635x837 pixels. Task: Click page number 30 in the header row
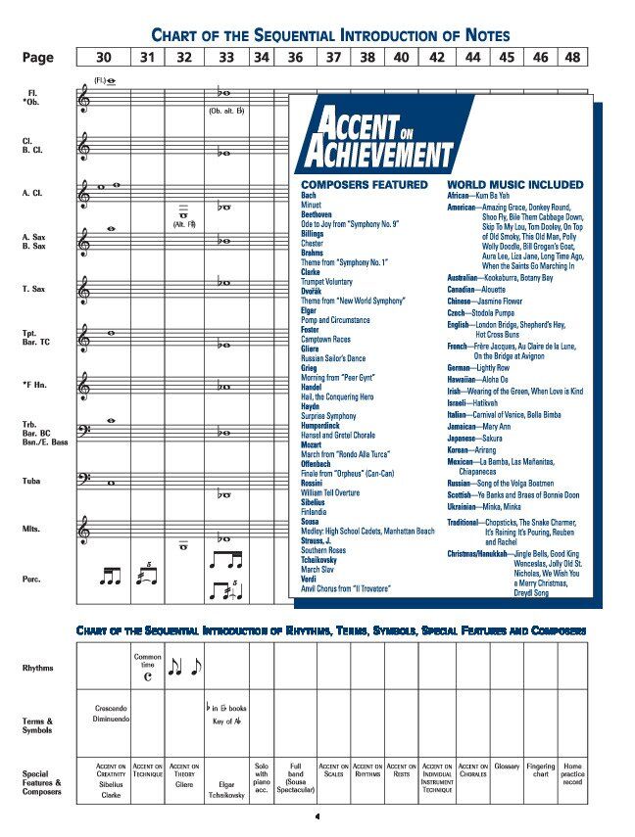tap(104, 58)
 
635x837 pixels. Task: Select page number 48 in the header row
tap(572, 58)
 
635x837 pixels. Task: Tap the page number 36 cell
tap(295, 58)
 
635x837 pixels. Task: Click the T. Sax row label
tap(35, 289)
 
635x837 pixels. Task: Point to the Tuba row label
tap(32, 481)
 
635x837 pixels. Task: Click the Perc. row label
tap(32, 579)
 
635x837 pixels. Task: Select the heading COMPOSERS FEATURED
tap(364, 184)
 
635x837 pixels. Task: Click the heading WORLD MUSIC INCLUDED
tap(514, 184)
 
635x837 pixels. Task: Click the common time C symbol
tap(147, 673)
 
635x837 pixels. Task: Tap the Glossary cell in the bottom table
tap(507, 767)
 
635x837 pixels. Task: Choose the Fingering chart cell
tap(540, 772)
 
